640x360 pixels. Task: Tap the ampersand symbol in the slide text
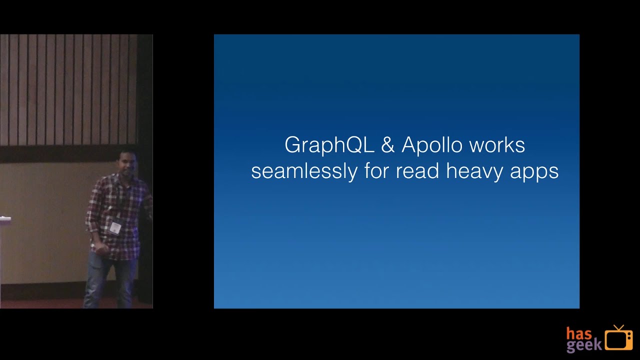point(387,145)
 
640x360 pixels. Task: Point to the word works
point(497,145)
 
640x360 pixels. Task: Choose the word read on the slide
point(418,171)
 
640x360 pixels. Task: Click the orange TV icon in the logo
point(618,338)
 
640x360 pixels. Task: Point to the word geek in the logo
point(583,345)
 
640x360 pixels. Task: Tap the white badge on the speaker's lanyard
point(115,227)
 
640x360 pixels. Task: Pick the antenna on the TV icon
point(619,327)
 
